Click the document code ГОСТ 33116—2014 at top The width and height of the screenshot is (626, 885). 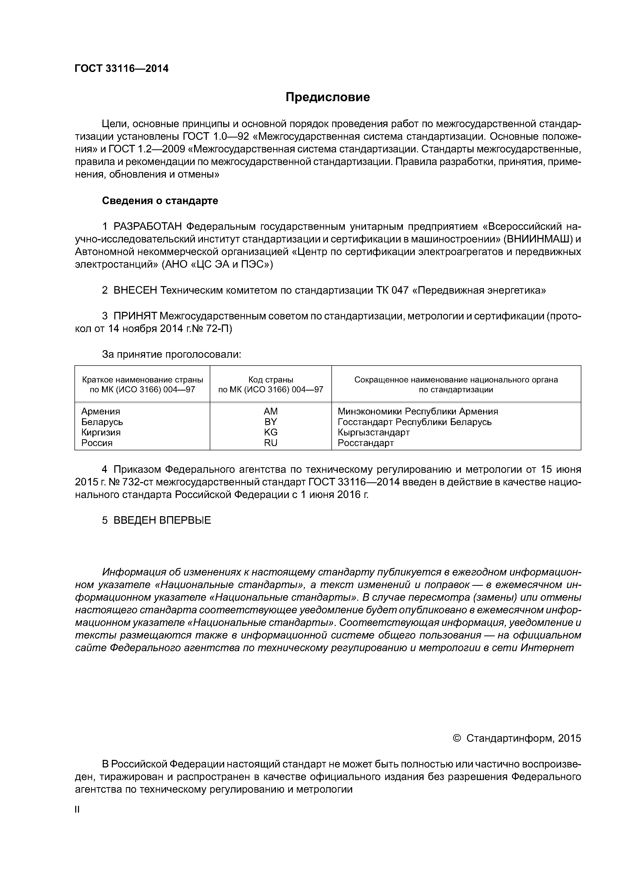click(x=121, y=69)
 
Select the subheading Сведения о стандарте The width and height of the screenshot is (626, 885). click(x=160, y=201)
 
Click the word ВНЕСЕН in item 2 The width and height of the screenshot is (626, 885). click(x=135, y=290)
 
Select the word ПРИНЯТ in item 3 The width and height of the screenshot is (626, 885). click(x=135, y=316)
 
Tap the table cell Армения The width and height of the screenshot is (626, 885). click(x=101, y=411)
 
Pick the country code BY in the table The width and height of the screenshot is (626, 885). click(x=270, y=422)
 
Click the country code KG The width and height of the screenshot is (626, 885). click(x=270, y=432)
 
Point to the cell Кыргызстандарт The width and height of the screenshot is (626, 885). click(x=373, y=432)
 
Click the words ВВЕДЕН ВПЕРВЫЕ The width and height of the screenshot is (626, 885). click(x=162, y=520)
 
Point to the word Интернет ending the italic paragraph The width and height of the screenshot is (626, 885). click(x=547, y=648)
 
